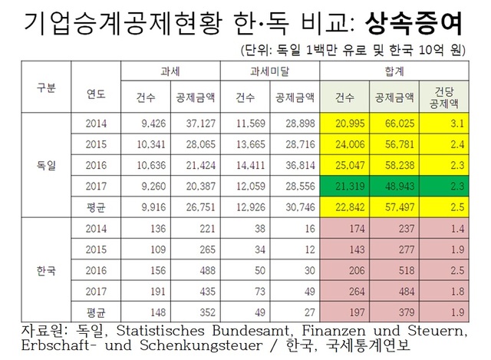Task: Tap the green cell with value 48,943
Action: tap(395, 185)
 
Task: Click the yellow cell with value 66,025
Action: tap(395, 122)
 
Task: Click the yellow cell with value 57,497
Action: tap(395, 206)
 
